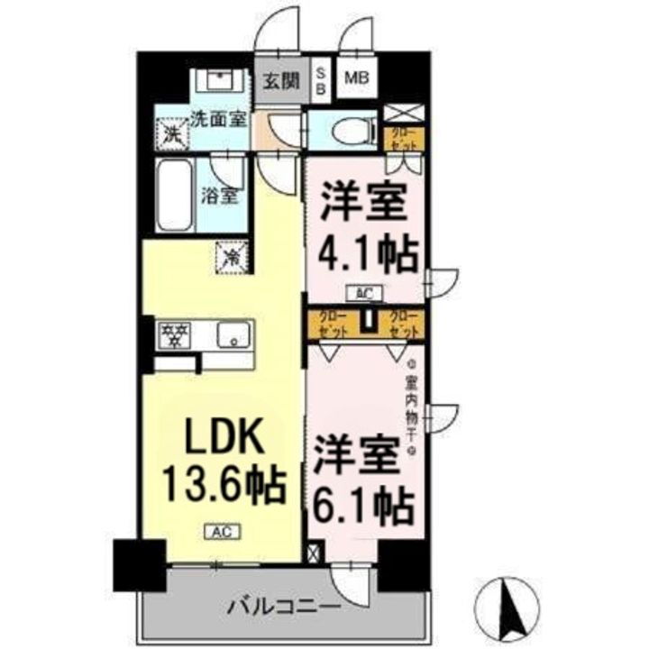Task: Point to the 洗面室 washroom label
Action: point(218,117)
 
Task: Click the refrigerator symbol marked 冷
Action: point(228,257)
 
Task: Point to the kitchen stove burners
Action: point(175,336)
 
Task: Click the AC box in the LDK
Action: point(223,532)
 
